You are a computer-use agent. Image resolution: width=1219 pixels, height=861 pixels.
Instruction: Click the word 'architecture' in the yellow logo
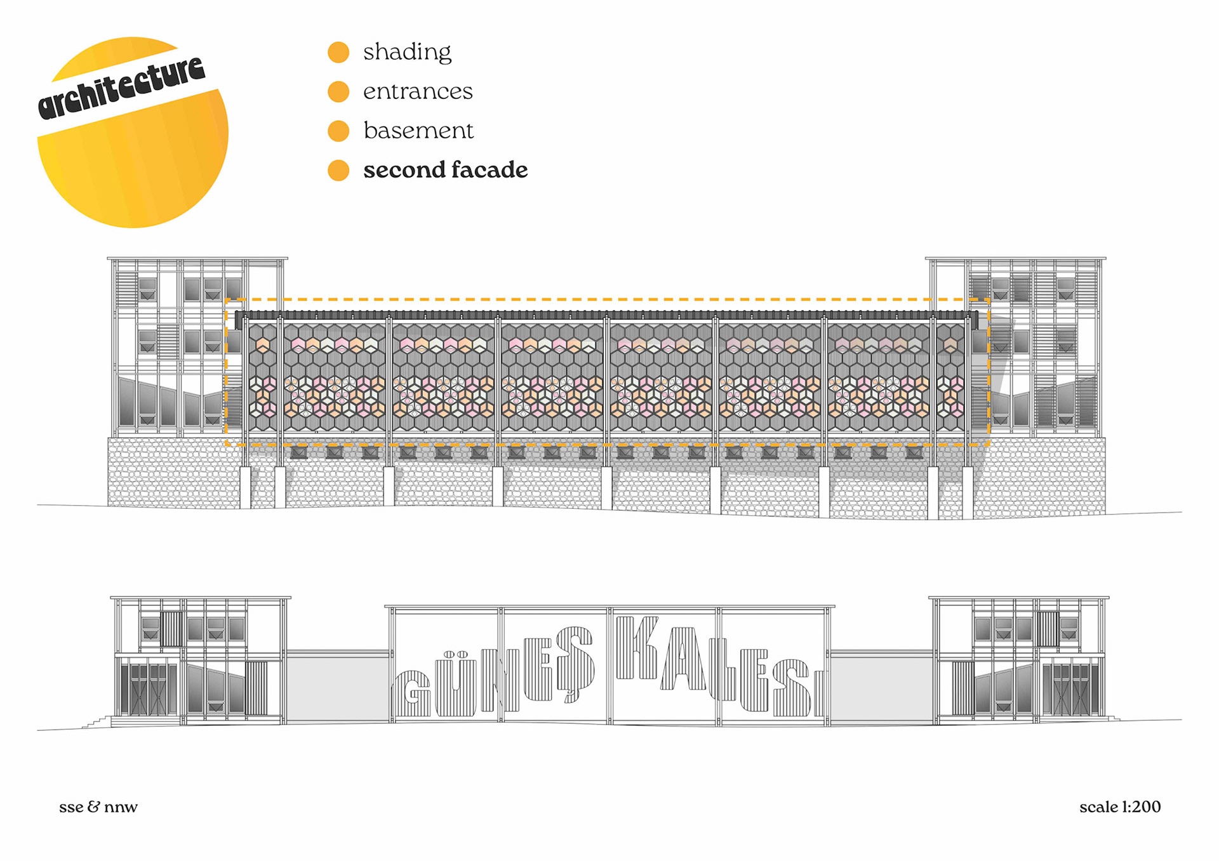click(121, 88)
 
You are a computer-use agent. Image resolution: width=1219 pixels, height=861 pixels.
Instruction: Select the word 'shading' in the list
click(407, 53)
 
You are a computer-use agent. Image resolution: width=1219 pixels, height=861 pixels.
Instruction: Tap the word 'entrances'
click(418, 92)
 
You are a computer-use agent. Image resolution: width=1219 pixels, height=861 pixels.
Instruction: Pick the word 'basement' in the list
click(418, 131)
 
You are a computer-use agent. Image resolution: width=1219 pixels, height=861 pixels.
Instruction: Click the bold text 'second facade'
click(445, 170)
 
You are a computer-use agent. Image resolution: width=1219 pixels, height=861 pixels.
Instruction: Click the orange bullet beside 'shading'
click(338, 53)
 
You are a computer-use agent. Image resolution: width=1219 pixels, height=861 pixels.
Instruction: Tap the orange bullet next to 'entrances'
click(338, 92)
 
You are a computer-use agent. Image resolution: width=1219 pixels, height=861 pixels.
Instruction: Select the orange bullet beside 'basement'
click(338, 131)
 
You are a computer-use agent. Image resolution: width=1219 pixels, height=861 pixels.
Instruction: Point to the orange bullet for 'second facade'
click(338, 170)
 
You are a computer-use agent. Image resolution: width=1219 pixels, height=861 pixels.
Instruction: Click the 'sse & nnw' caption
click(98, 807)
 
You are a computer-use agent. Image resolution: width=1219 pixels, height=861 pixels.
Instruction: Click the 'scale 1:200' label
click(1120, 807)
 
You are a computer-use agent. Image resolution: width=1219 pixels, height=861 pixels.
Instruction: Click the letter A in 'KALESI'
click(684, 660)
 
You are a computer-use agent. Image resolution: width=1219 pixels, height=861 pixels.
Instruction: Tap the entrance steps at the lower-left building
click(97, 722)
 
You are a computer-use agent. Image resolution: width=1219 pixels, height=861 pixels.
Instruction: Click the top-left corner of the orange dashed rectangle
click(227, 299)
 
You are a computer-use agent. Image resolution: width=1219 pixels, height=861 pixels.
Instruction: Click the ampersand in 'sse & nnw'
click(93, 807)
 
